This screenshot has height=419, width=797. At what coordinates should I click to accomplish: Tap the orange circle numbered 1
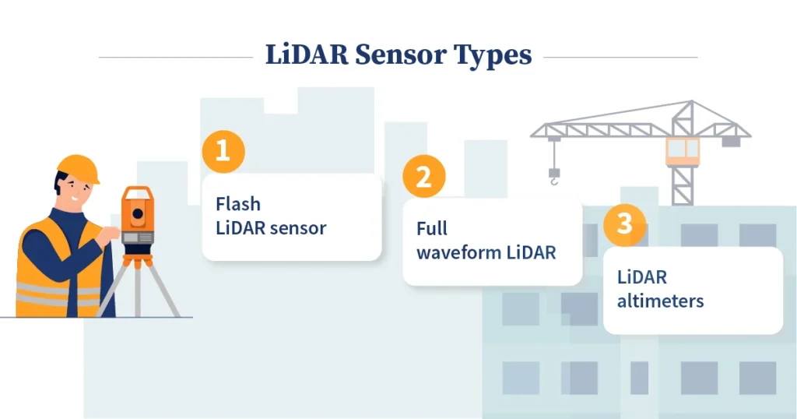pyautogui.click(x=223, y=150)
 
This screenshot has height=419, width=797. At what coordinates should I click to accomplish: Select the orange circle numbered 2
pyautogui.click(x=423, y=178)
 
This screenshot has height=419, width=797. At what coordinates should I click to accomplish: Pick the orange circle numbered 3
pyautogui.click(x=624, y=224)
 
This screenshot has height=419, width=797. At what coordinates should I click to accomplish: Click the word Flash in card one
pyautogui.click(x=237, y=204)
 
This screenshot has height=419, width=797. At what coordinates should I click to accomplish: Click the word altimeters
pyautogui.click(x=660, y=301)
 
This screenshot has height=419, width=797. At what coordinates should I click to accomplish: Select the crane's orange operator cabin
pyautogui.click(x=682, y=150)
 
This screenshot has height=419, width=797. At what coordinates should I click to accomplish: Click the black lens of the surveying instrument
pyautogui.click(x=138, y=213)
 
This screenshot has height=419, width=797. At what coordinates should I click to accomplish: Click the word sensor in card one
pyautogui.click(x=298, y=228)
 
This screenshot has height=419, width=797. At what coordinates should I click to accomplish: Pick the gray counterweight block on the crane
pyautogui.click(x=730, y=142)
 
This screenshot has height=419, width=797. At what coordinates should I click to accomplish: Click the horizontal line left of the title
pyautogui.click(x=176, y=57)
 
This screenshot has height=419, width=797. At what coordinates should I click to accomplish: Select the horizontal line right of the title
pyautogui.click(x=620, y=57)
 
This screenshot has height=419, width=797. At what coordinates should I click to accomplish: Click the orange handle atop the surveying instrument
pyautogui.click(x=138, y=192)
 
